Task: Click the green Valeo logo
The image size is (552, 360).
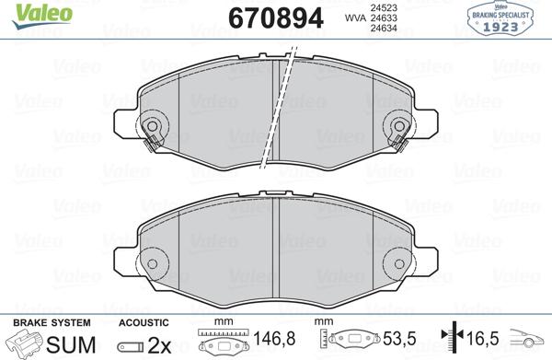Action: click(x=42, y=15)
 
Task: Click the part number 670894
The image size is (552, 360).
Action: click(x=276, y=18)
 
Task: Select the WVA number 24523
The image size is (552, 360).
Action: click(x=384, y=7)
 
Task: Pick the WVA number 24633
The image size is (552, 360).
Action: click(x=384, y=17)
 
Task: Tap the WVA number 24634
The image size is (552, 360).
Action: click(x=384, y=28)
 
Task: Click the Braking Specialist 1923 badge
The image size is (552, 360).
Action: click(x=500, y=19)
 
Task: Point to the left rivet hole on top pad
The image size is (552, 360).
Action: click(x=152, y=126)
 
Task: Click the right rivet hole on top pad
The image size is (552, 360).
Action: click(x=399, y=126)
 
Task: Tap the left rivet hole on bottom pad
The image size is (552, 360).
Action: click(x=152, y=264)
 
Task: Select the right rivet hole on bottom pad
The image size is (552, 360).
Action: click(x=399, y=264)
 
